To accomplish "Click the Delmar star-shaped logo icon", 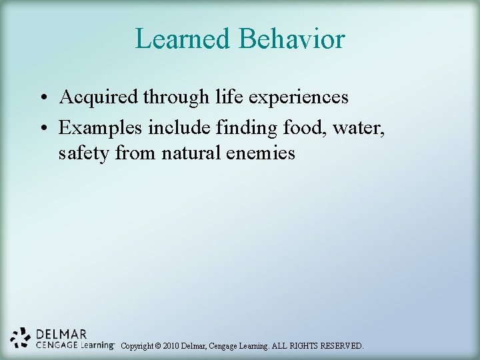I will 21,338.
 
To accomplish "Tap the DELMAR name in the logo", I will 61,334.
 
